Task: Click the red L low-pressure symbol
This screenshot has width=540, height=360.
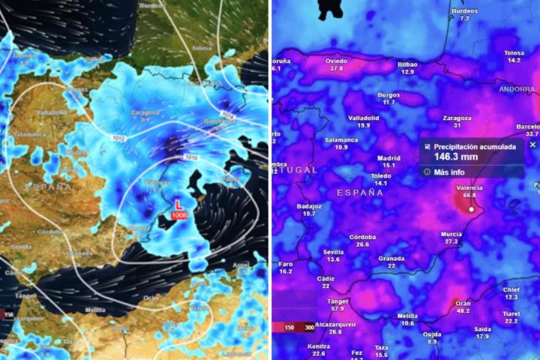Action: click(x=178, y=204)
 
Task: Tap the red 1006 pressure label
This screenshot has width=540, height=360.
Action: click(x=178, y=215)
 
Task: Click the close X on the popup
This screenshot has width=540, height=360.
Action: click(x=532, y=145)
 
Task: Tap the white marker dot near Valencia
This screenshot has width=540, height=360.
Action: click(x=471, y=209)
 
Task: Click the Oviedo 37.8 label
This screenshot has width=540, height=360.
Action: click(x=335, y=64)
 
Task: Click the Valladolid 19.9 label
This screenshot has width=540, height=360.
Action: click(x=363, y=121)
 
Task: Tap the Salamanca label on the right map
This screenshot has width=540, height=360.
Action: click(x=341, y=142)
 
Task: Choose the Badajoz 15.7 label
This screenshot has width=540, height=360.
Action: click(x=309, y=209)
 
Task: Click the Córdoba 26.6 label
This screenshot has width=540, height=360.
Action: click(x=362, y=241)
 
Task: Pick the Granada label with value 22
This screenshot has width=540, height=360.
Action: click(x=391, y=262)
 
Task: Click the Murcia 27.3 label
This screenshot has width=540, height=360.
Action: click(x=451, y=238)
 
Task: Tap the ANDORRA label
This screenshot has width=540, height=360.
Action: click(x=517, y=89)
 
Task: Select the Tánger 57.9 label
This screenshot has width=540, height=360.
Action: click(x=337, y=304)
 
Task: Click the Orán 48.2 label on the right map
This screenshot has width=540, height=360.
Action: click(x=463, y=307)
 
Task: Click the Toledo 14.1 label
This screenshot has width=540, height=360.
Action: click(x=380, y=179)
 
